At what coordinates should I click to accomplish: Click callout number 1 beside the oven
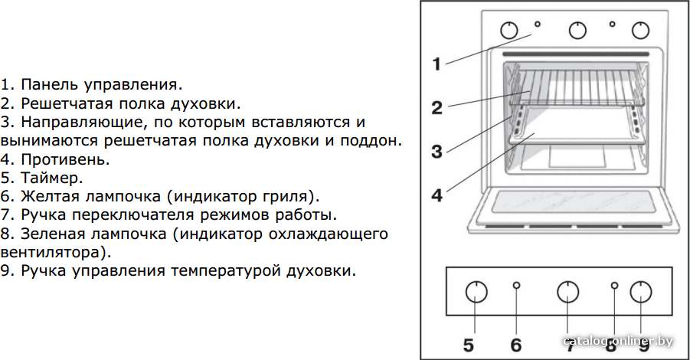[436, 64]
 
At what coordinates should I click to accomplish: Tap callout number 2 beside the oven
[437, 108]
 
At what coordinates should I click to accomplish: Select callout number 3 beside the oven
[437, 152]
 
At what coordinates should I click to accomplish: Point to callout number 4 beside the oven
[437, 195]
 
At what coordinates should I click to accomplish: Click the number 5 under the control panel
[469, 345]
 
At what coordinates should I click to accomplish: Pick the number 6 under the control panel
[516, 345]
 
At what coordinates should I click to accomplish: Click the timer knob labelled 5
[476, 291]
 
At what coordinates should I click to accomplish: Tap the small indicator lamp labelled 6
[517, 285]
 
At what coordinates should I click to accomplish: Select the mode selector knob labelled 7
[567, 291]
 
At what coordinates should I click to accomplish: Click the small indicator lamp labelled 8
[615, 285]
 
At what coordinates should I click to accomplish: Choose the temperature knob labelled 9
[641, 291]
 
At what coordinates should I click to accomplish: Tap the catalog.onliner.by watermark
[618, 341]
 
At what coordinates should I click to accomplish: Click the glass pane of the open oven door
[573, 202]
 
